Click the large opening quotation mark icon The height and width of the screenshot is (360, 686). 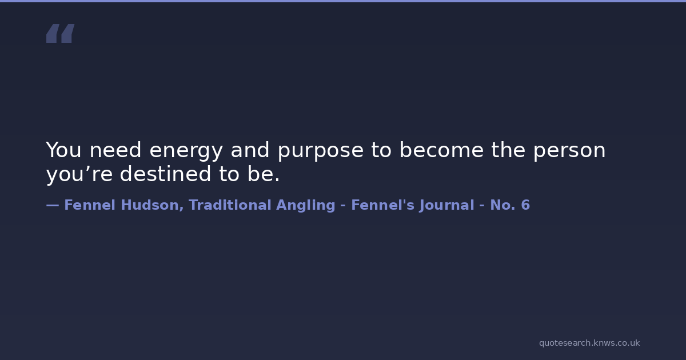pos(61,33)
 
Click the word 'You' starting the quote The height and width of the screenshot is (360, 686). pos(63,150)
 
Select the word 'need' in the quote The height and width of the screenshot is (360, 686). pos(115,150)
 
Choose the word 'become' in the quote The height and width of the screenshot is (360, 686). pos(441,150)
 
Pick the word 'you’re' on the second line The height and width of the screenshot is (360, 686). pos(79,174)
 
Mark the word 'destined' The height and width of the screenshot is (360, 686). pos(165,174)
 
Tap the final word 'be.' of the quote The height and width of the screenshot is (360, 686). pos(264,174)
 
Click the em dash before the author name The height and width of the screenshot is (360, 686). pos(53,205)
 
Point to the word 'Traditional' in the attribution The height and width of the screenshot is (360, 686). pos(230,205)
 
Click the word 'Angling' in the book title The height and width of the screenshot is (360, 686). pos(306,206)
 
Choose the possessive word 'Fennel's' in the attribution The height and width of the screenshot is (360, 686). pos(383,205)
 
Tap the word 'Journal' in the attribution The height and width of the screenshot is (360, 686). pos(447,206)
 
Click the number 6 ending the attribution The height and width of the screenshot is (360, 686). pos(525,205)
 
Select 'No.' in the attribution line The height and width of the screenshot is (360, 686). pos(503,205)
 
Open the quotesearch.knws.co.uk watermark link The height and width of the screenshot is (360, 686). pos(589,343)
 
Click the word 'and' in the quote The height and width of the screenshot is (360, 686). pos(250,150)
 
